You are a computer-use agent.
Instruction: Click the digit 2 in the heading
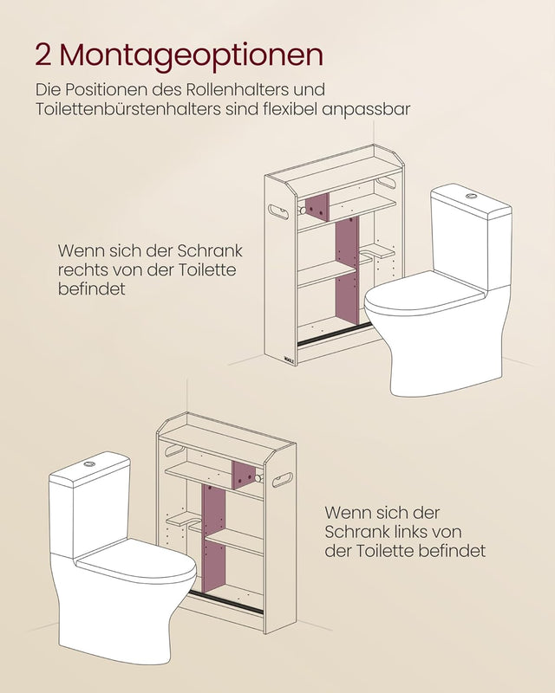(42, 55)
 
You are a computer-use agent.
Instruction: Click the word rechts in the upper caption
(80, 270)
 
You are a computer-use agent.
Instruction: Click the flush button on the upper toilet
(471, 197)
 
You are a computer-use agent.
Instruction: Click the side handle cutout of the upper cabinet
(281, 210)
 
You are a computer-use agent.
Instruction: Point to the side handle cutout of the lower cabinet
(284, 479)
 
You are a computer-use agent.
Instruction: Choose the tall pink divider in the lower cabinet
(213, 541)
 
